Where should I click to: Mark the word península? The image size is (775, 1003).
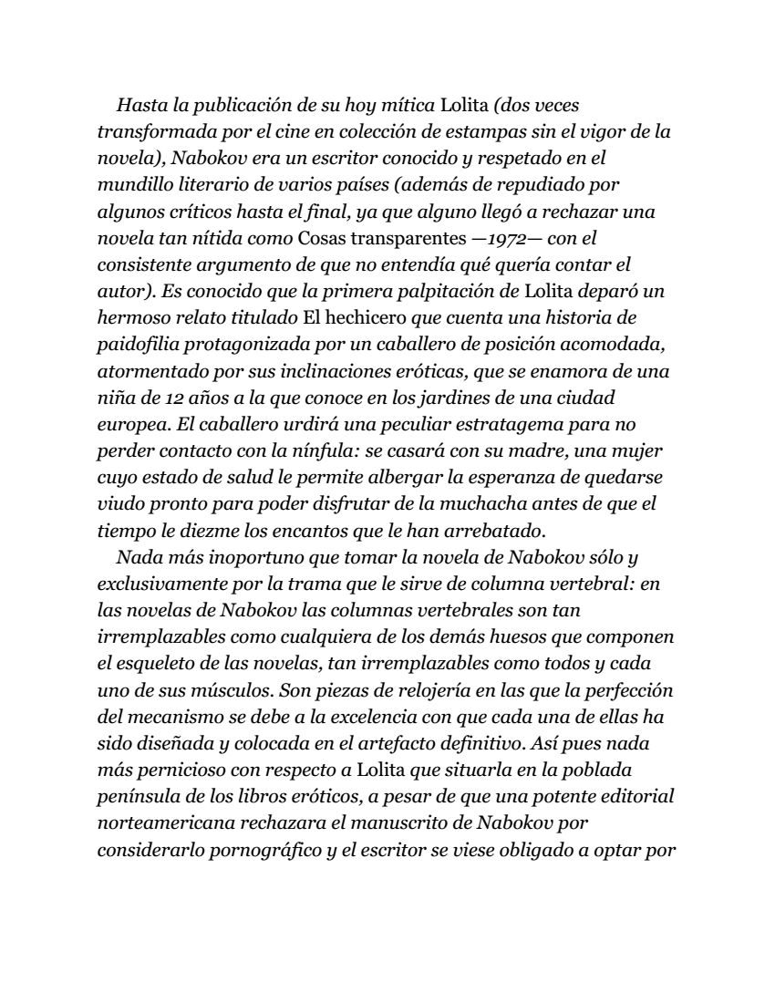[137, 795]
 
